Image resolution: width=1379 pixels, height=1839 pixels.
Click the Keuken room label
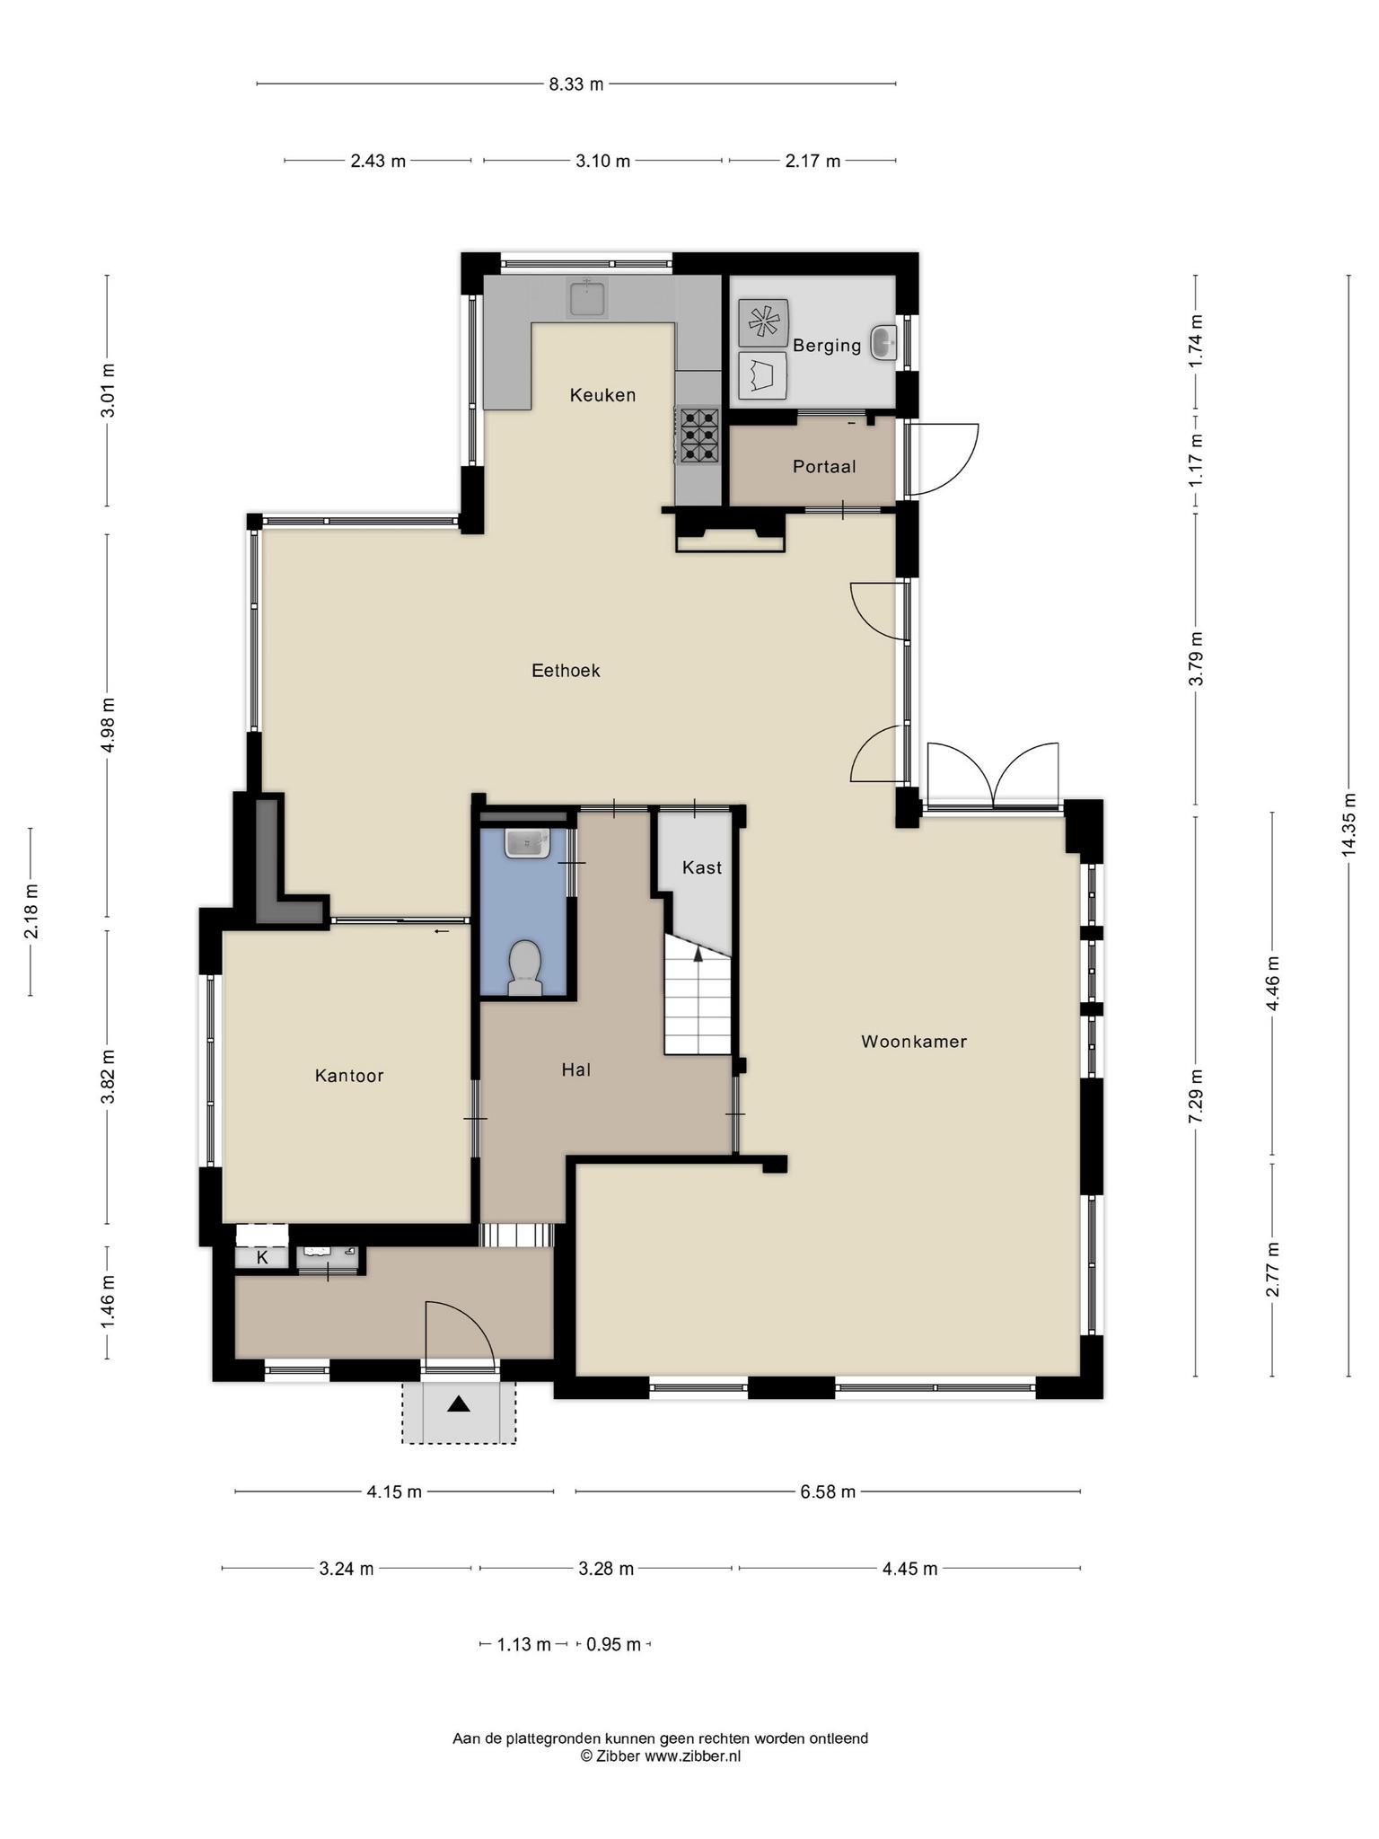coord(602,395)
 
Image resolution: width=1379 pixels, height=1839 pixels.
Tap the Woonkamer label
coord(914,1042)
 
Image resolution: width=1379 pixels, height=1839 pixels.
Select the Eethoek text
coord(566,671)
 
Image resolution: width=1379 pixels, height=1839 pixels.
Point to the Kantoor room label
coord(349,1076)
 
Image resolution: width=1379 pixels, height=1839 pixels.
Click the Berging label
coord(827,346)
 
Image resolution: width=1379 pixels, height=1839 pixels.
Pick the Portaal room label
coord(824,467)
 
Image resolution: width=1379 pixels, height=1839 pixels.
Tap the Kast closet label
coord(702,867)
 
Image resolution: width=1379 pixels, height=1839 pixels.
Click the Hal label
coord(576,1069)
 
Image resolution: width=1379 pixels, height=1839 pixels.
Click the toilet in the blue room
coord(524,968)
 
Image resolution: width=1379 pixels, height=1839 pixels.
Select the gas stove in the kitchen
coord(698,435)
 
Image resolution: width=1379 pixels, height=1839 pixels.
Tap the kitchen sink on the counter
coord(587,297)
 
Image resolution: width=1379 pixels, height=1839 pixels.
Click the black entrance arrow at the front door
coord(459,1403)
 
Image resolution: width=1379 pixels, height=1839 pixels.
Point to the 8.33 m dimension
coord(576,84)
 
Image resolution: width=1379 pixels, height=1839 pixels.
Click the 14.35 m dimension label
coord(1348,823)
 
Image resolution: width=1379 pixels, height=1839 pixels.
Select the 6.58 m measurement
coord(828,1491)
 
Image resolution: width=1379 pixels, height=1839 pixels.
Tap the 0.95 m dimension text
coord(614,1644)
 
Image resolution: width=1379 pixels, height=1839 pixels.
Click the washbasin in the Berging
coord(883,342)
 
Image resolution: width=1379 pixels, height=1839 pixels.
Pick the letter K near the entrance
coord(262,1257)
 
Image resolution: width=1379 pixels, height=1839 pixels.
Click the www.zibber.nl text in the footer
coord(692,1755)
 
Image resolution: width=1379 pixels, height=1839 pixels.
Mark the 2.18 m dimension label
coord(31,911)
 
